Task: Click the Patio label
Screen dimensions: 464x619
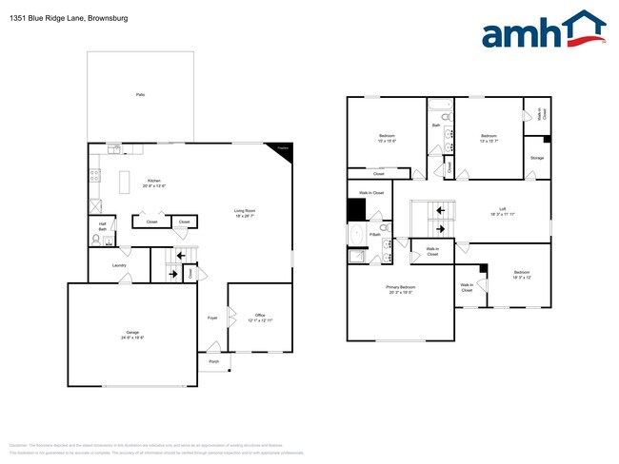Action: click(x=140, y=95)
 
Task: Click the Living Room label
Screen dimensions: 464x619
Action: click(x=245, y=211)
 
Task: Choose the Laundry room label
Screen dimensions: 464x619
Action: click(x=119, y=265)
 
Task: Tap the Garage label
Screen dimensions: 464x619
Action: click(x=132, y=333)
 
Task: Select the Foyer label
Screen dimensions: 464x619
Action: click(x=213, y=317)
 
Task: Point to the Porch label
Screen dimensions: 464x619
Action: click(x=213, y=361)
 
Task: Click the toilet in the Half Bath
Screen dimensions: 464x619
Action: click(x=109, y=241)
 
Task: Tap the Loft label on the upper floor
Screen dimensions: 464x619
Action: click(x=502, y=210)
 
